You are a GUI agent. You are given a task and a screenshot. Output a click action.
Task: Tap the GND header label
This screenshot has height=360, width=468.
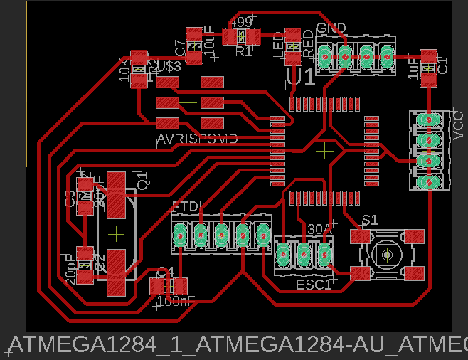pyautogui.click(x=331, y=28)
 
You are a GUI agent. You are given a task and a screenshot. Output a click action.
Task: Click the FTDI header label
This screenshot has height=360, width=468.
pyautogui.click(x=188, y=207)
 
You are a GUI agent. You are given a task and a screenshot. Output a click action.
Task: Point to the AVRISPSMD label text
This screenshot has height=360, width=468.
pyautogui.click(x=196, y=139)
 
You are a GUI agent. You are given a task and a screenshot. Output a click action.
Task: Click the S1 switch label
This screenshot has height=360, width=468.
pyautogui.click(x=370, y=219)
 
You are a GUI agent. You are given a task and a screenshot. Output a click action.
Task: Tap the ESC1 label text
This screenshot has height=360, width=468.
pyautogui.click(x=314, y=285)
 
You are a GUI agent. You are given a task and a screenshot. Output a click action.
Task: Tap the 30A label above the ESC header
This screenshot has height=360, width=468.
pyautogui.click(x=320, y=229)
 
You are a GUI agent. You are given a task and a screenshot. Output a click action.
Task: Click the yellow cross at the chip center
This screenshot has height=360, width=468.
pyautogui.click(x=324, y=150)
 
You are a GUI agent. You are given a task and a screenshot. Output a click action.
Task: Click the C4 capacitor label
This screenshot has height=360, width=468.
pyautogui.click(x=164, y=272)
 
